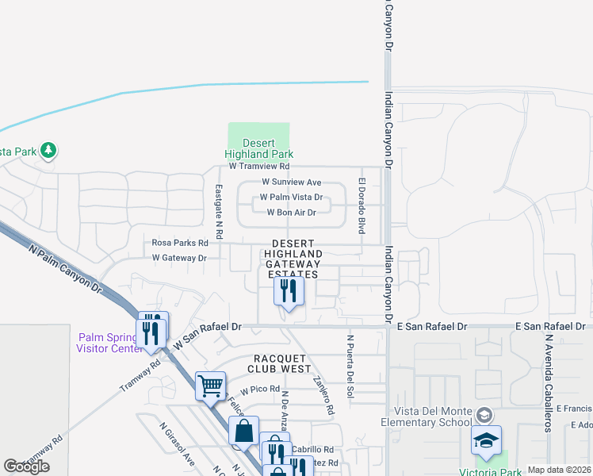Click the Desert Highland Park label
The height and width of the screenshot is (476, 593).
tap(258, 148)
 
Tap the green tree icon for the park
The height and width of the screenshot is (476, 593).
tap(48, 149)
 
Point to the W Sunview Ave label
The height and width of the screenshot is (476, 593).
tap(291, 182)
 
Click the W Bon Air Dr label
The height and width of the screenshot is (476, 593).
tap(291, 213)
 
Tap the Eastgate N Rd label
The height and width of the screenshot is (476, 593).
tap(220, 212)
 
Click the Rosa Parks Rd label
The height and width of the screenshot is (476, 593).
tap(180, 243)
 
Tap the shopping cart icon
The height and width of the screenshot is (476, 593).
tap(210, 386)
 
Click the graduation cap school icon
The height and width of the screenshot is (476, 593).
tap(486, 441)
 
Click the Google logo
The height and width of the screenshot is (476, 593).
tap(27, 466)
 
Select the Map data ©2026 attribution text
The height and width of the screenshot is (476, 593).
tap(559, 470)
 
